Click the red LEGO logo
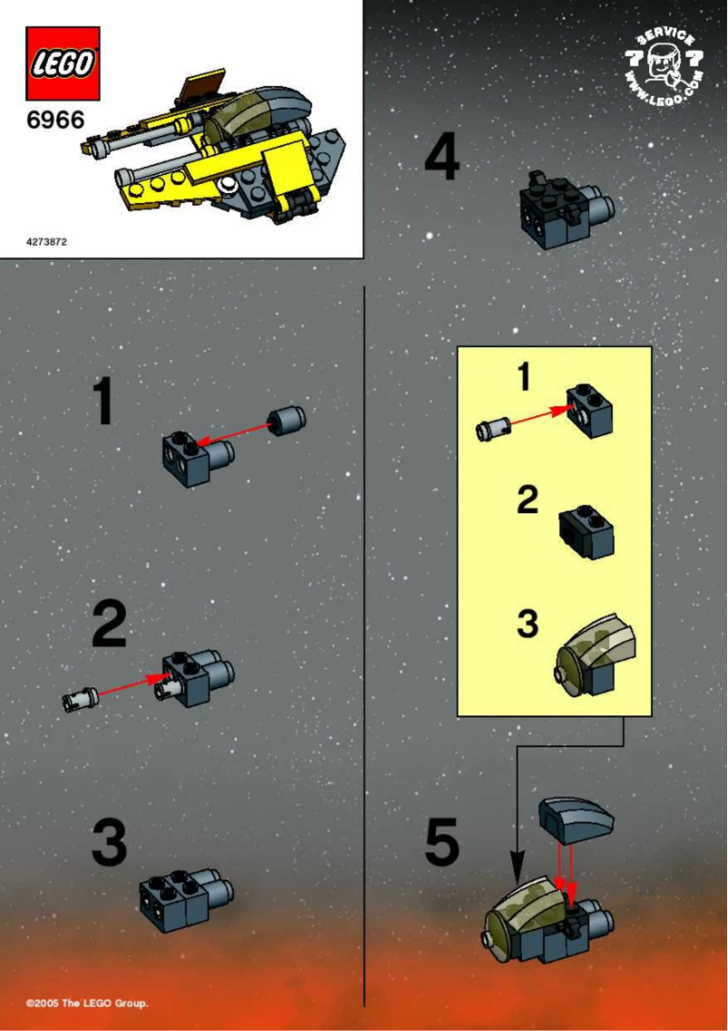[x=63, y=63]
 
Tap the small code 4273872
[x=46, y=242]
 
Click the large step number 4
[x=442, y=160]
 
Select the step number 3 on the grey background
[x=109, y=842]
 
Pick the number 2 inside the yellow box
[x=527, y=500]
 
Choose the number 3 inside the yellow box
[x=527, y=624]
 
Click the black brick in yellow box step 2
[x=586, y=532]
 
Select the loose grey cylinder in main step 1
[x=287, y=421]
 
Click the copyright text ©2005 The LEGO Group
[x=87, y=1003]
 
